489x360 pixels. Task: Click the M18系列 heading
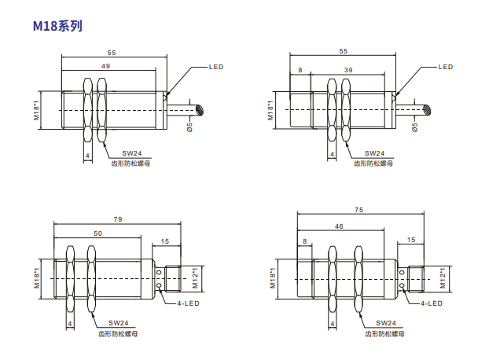(57, 26)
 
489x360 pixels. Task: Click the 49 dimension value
(105, 66)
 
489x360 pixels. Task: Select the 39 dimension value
(348, 70)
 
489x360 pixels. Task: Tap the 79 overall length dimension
(118, 219)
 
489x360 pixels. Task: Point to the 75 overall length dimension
(359, 210)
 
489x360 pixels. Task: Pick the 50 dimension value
(98, 233)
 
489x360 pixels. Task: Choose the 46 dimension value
(339, 226)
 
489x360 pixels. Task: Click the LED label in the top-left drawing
(216, 67)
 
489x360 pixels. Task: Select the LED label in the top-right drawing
(446, 67)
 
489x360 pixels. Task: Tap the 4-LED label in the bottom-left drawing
(188, 303)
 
